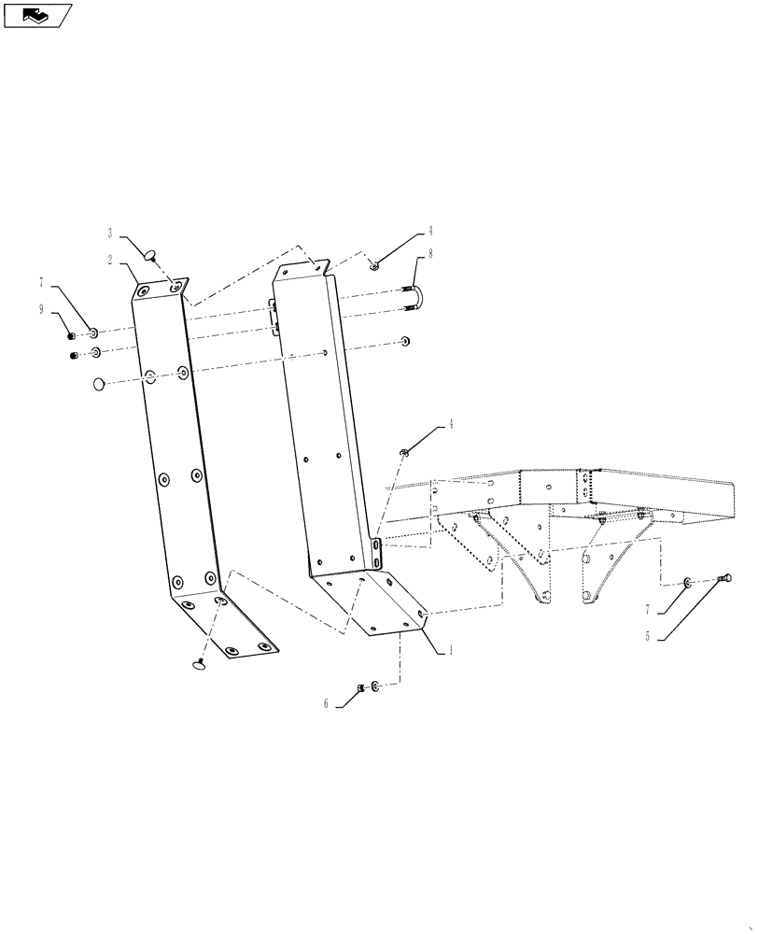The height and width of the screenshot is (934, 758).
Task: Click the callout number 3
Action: tap(109, 233)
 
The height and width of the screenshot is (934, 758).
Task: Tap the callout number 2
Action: tap(109, 260)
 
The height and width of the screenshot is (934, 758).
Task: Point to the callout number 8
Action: tap(430, 253)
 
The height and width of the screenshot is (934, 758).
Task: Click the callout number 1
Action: tap(451, 651)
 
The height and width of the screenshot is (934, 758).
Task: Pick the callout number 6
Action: tap(327, 704)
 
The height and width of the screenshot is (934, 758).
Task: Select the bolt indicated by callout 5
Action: tap(723, 580)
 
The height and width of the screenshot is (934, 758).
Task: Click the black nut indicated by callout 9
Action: tap(72, 334)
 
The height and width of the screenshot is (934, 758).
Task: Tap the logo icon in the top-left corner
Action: tap(36, 15)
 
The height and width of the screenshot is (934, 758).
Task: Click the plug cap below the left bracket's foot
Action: tap(198, 664)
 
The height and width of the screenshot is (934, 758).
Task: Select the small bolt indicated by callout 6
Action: tap(360, 689)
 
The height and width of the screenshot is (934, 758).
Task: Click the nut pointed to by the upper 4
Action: tap(372, 265)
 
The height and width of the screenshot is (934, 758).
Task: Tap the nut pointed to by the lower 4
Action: tap(404, 453)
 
